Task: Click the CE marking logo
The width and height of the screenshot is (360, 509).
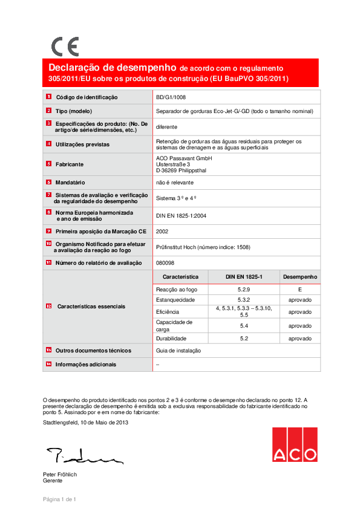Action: point(65,47)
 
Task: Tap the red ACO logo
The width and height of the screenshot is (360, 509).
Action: point(294,444)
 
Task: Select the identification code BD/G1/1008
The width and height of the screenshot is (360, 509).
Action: point(171,97)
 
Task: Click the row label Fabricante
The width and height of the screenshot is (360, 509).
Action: point(70,164)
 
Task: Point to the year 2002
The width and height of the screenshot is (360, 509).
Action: point(162,231)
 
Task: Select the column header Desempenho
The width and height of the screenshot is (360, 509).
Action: point(299,277)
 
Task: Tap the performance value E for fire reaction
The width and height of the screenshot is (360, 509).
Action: point(299,290)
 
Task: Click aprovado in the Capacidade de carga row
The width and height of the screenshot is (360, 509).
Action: point(299,326)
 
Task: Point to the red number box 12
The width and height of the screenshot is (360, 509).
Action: point(48,306)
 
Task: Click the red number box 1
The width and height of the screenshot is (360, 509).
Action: point(48,97)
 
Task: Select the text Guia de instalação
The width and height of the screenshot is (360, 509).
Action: point(178,351)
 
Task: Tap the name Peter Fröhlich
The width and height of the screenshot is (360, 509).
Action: point(60,475)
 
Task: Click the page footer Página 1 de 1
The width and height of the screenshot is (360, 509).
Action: point(59,499)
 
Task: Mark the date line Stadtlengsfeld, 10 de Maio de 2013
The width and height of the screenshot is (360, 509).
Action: point(85,423)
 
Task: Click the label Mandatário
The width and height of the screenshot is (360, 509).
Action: point(70,182)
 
